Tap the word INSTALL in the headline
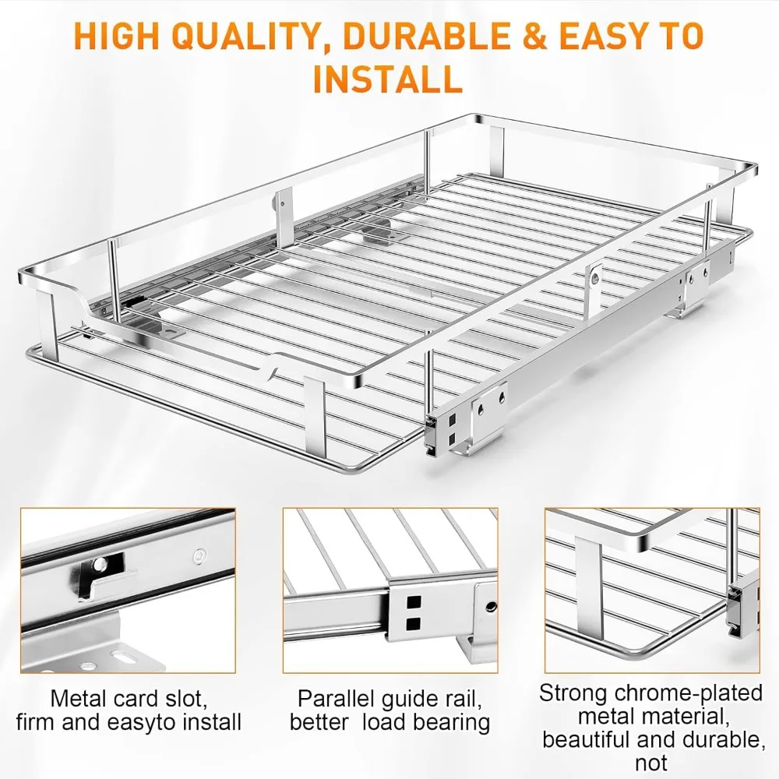(x=387, y=79)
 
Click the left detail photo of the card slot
(x=128, y=590)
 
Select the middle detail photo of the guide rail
(x=389, y=590)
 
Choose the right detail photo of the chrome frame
(x=651, y=590)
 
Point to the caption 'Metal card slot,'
(x=129, y=697)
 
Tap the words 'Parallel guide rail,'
(x=389, y=697)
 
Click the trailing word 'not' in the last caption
(x=652, y=763)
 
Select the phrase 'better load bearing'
(x=389, y=722)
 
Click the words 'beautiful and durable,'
(x=652, y=739)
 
